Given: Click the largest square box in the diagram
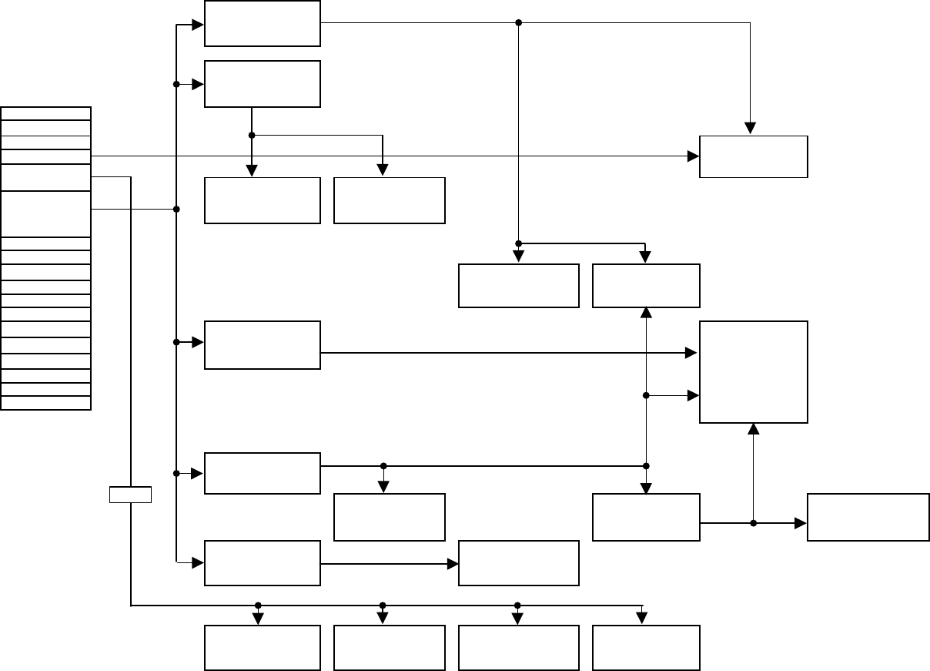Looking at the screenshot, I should (753, 371).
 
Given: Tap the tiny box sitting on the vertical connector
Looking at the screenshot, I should (130, 495).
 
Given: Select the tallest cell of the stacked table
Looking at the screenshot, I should (45, 213).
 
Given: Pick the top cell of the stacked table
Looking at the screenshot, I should (45, 113).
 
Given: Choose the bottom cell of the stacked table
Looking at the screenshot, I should (45, 403).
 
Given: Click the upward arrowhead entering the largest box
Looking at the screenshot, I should (754, 428).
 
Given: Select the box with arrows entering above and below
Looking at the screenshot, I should (646, 286).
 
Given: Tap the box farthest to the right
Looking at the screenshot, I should (868, 517).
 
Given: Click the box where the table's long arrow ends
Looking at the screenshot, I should (753, 156).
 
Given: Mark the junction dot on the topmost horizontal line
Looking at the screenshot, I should (518, 23).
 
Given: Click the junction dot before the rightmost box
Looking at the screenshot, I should (754, 523).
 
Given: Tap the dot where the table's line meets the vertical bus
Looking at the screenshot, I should (176, 209).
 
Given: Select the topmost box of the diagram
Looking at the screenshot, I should (262, 23).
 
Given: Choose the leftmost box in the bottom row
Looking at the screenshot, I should (262, 648).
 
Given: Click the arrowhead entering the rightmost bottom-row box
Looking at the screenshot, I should (642, 619).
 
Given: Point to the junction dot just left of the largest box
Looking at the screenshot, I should (646, 395).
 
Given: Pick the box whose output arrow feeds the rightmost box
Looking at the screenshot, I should (646, 517).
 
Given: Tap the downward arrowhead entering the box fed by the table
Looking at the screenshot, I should (750, 129).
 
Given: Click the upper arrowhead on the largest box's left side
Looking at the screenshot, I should (692, 353).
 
